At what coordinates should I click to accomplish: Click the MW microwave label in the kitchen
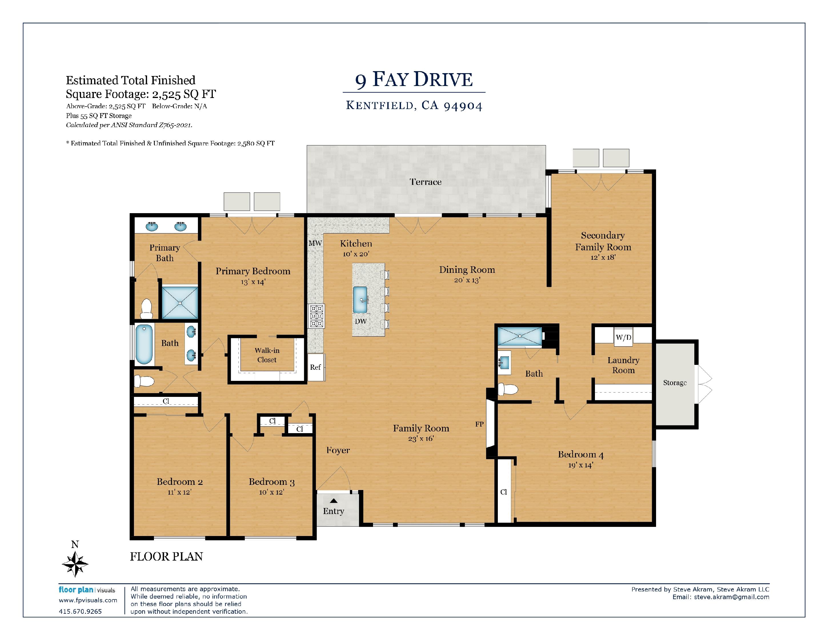[x=315, y=243]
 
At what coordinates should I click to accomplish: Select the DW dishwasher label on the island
[x=360, y=321]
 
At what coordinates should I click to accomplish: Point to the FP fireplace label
[x=479, y=424]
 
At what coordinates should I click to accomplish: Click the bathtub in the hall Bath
[x=144, y=344]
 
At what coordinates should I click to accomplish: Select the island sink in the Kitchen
[x=360, y=299]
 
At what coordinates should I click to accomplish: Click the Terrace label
[x=425, y=182]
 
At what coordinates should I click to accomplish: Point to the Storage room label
[x=675, y=383]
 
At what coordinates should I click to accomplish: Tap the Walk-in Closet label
[x=267, y=355]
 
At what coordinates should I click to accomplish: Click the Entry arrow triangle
[x=334, y=501]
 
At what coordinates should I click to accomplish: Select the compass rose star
[x=75, y=564]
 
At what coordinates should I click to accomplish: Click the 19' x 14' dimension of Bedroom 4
[x=580, y=465]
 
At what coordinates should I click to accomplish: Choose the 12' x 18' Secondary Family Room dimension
[x=603, y=257]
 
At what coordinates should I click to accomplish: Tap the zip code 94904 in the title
[x=463, y=106]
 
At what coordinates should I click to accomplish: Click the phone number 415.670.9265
[x=80, y=611]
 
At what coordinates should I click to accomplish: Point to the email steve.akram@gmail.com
[x=732, y=597]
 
